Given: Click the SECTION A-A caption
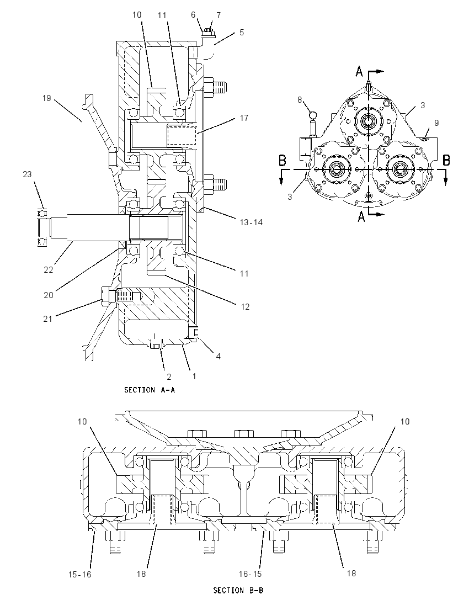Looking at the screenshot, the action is click(x=150, y=390).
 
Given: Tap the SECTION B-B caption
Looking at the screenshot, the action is click(x=239, y=590).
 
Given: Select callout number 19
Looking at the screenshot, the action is click(x=47, y=98).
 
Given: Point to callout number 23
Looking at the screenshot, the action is click(x=27, y=174).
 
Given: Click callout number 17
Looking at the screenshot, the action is click(x=244, y=118).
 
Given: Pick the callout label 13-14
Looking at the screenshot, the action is click(x=252, y=222).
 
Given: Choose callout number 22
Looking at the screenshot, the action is click(x=48, y=270).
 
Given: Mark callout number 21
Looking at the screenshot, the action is click(x=47, y=319).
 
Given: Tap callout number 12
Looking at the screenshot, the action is click(x=245, y=306).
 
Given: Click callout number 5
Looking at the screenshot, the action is click(x=242, y=33).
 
